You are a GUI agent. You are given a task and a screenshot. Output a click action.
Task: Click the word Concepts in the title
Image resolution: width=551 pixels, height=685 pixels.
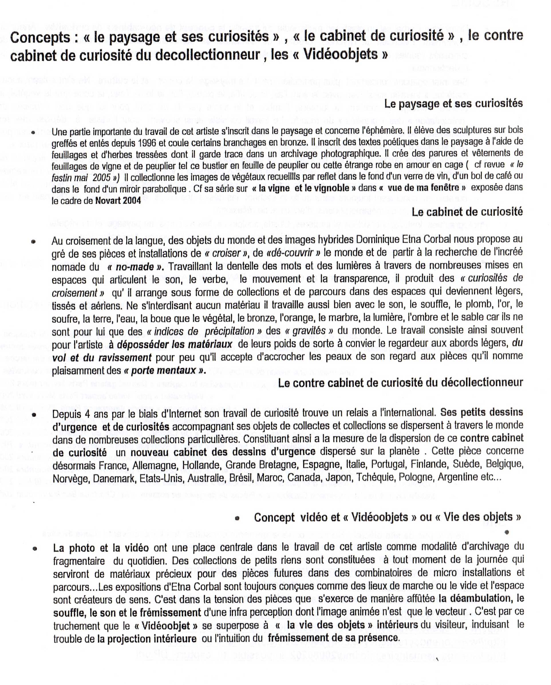point(40,38)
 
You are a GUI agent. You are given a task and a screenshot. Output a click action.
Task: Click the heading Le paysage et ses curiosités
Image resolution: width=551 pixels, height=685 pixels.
point(453,104)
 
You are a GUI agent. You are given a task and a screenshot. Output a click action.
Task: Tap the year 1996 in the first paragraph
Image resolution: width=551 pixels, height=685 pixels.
point(147,143)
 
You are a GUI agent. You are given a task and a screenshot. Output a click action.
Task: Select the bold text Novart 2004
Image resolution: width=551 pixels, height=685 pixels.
point(118,201)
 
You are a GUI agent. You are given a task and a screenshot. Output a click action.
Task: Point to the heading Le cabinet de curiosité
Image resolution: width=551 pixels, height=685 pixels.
point(467,212)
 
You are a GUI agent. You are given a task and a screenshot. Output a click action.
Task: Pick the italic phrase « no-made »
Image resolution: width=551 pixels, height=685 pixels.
point(135,267)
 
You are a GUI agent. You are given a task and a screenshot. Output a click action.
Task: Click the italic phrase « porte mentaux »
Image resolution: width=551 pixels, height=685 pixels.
point(164,371)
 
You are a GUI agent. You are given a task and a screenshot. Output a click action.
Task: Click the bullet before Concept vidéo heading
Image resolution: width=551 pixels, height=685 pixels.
point(237,519)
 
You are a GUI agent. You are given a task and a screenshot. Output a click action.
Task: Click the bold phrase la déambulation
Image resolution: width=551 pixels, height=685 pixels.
point(476,599)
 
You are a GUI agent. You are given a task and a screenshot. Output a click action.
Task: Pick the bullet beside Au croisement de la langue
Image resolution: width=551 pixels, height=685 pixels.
point(33,242)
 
